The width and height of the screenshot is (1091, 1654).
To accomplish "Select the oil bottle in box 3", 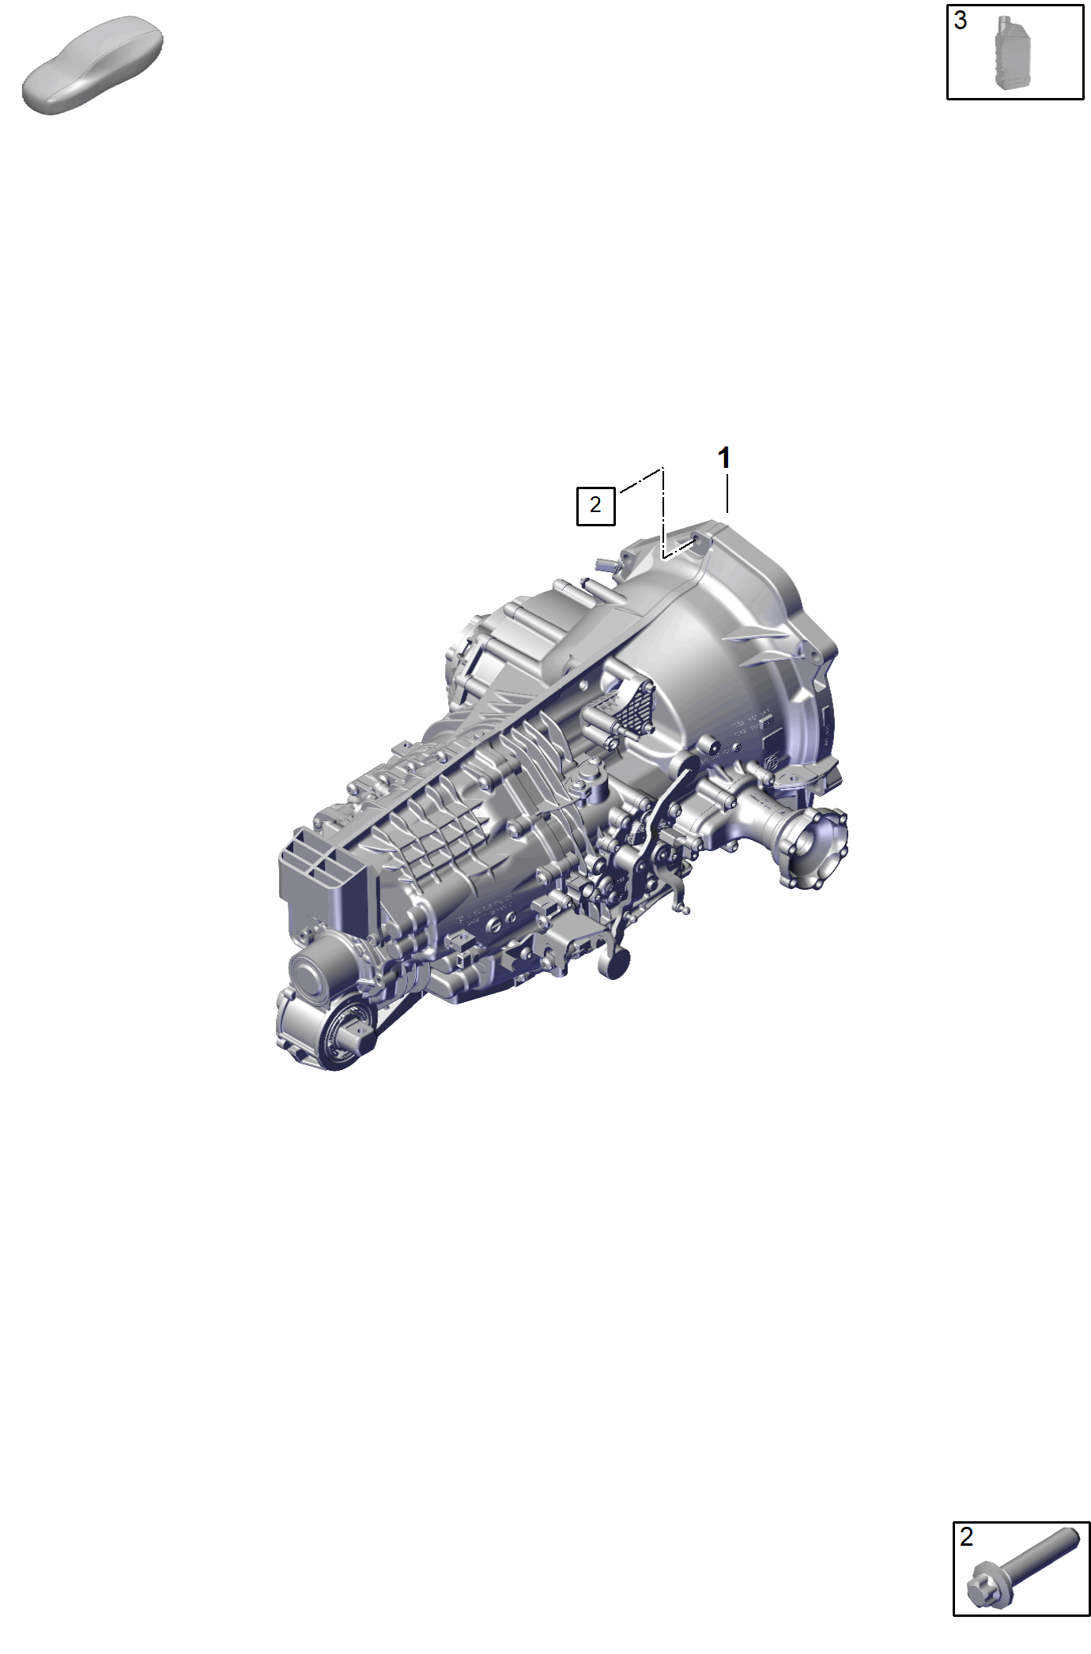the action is (1014, 52).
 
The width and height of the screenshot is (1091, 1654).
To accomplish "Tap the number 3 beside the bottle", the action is (961, 21).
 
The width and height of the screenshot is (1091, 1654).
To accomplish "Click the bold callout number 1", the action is (723, 458).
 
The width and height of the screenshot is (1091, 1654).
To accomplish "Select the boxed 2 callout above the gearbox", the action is (595, 504).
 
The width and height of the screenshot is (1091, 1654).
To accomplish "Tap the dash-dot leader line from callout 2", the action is (663, 514).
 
